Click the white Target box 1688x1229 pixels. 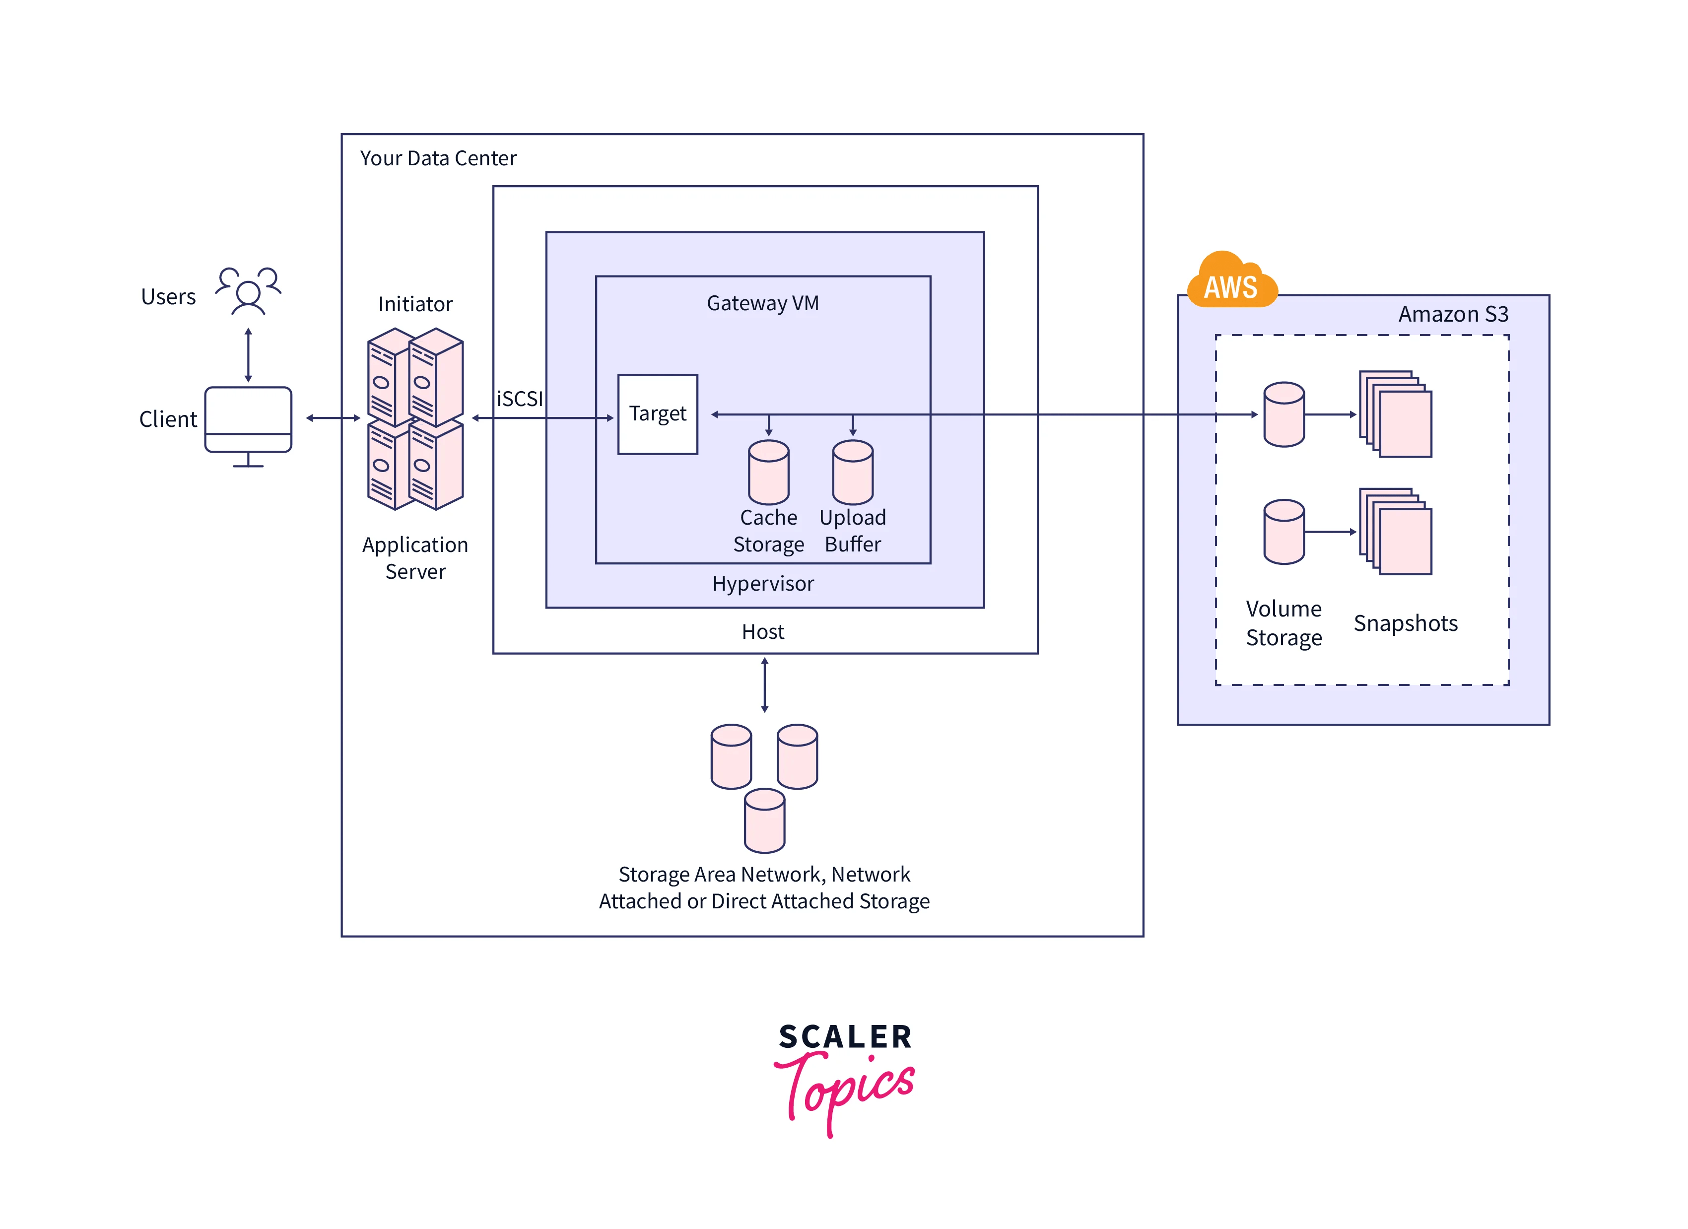[x=657, y=414]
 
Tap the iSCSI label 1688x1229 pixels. [x=520, y=399]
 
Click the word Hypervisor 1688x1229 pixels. [x=762, y=584]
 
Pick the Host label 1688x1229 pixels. [x=762, y=632]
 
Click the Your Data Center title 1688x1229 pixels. [x=438, y=158]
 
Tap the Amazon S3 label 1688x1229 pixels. [x=1452, y=314]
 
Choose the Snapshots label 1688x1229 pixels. [x=1405, y=623]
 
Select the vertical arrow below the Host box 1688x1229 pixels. [x=764, y=685]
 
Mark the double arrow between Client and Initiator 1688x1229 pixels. [x=333, y=418]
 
